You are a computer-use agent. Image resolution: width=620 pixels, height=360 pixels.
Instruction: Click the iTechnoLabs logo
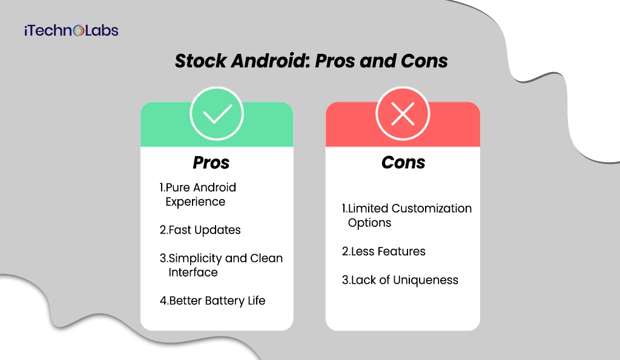click(x=71, y=30)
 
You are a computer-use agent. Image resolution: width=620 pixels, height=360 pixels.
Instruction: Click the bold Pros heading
click(x=211, y=162)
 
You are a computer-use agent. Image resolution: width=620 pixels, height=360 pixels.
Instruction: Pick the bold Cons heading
click(x=403, y=162)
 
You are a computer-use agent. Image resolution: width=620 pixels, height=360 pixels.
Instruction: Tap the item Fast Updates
click(x=200, y=230)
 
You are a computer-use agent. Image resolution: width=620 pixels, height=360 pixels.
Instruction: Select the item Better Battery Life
click(x=213, y=300)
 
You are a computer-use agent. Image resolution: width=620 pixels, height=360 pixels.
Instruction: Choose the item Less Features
click(x=384, y=251)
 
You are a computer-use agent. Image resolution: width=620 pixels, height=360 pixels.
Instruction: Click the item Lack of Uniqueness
click(x=400, y=280)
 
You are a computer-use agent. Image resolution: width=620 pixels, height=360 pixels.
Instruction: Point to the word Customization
click(x=432, y=208)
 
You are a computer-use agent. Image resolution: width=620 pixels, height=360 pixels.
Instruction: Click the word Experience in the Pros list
click(x=195, y=201)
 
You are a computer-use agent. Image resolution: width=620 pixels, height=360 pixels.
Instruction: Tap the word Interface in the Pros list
click(x=193, y=272)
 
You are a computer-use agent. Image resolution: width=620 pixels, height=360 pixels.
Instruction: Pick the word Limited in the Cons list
click(x=368, y=208)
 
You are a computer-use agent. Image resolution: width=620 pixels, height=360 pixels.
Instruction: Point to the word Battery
click(x=224, y=300)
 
